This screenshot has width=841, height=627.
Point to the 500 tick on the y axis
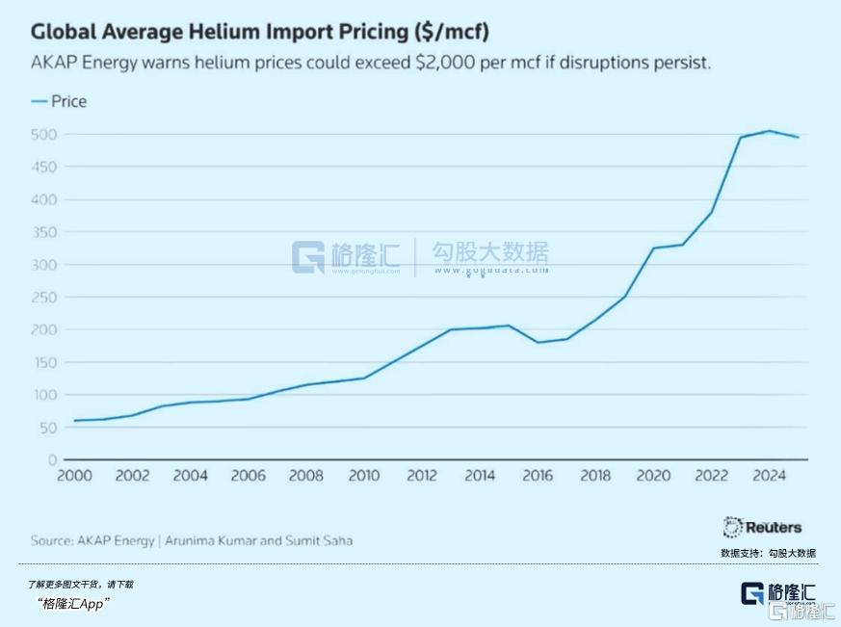pos(44,134)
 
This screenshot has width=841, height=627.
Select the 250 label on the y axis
pos(44,297)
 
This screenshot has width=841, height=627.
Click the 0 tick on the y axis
pos(52,459)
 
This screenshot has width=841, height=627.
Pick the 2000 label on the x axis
pos(74,476)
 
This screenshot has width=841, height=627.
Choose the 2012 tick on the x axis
pos(422,476)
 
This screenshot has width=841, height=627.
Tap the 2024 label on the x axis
pos(770,476)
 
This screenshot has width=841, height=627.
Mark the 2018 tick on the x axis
pos(595,476)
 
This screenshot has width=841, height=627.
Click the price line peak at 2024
pos(770,131)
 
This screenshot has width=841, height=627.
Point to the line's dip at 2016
pos(538,342)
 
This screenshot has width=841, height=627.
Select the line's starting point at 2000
pos(74,420)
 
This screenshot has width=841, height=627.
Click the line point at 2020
pos(653,248)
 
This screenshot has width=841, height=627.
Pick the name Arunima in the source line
pos(192,540)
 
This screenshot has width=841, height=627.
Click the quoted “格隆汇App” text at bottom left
pos(74,603)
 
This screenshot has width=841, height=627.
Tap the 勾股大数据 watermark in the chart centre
pos(490,253)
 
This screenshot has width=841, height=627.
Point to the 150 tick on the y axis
pos(44,362)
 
